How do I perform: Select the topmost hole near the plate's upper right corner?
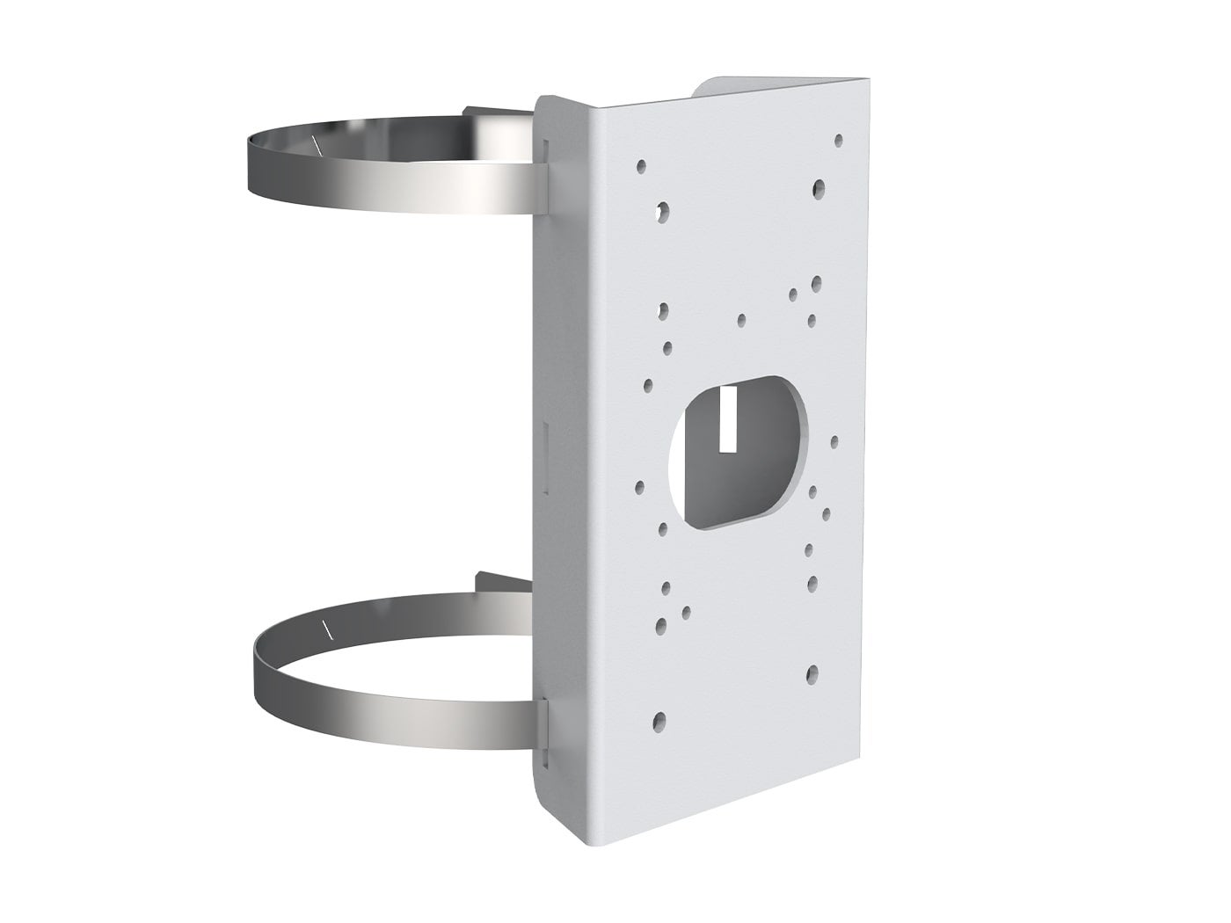point(838,139)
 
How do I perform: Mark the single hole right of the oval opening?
point(834,441)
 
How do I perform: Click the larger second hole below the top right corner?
point(819,186)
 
